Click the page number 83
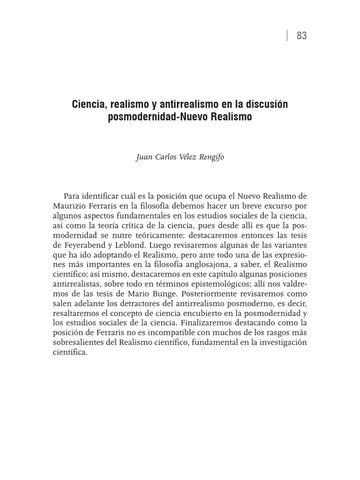click(302, 36)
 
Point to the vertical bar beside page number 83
click(287, 36)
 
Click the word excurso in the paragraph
click(272, 205)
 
